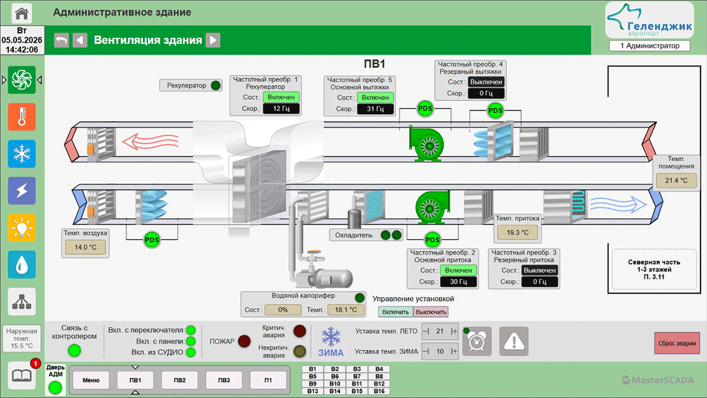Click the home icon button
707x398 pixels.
(x=22, y=13)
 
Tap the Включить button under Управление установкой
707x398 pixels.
(x=395, y=312)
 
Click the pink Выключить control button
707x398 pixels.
(x=431, y=312)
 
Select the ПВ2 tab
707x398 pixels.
(x=180, y=380)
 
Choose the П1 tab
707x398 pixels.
(x=268, y=380)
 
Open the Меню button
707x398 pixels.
(x=91, y=380)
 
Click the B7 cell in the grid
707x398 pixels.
(x=357, y=376)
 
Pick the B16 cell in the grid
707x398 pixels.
(x=379, y=391)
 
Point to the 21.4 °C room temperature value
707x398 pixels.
(x=676, y=180)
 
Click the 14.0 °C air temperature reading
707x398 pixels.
(x=85, y=247)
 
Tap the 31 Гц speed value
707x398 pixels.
(x=375, y=109)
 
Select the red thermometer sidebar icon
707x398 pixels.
(x=22, y=117)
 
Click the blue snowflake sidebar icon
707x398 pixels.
(x=22, y=154)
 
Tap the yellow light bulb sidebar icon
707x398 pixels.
(x=22, y=228)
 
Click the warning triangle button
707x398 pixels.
(x=514, y=341)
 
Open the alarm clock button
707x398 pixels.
(x=477, y=341)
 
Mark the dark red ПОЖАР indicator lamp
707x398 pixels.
(x=245, y=341)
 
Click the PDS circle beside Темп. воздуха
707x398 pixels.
(x=151, y=240)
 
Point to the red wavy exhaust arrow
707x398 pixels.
(x=151, y=142)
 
